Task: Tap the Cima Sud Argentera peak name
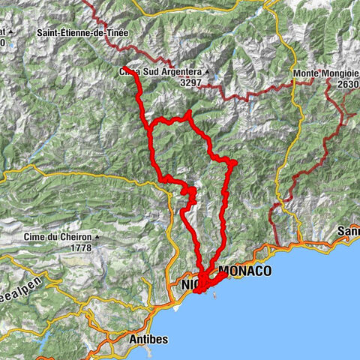point(160,72)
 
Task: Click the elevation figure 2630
point(348,84)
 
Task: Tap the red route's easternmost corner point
point(235,162)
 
